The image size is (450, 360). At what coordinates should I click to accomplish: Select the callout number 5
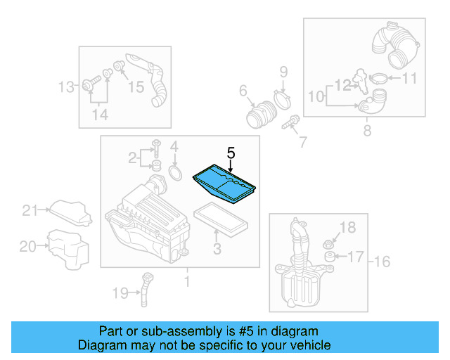(x=230, y=152)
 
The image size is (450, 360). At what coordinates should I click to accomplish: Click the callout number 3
(x=217, y=248)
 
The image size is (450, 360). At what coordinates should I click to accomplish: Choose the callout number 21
(x=29, y=210)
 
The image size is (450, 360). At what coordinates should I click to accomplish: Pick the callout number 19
(x=121, y=292)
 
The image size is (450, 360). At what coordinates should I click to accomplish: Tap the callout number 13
(x=66, y=87)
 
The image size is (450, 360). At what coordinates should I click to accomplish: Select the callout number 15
(x=135, y=87)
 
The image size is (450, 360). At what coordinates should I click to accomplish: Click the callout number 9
(x=283, y=71)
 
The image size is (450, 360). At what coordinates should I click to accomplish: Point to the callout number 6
(x=243, y=90)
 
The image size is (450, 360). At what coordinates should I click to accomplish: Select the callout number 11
(x=409, y=79)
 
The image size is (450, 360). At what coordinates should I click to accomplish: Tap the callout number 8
(x=367, y=131)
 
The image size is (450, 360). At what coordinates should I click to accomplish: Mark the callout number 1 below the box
(x=186, y=282)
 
